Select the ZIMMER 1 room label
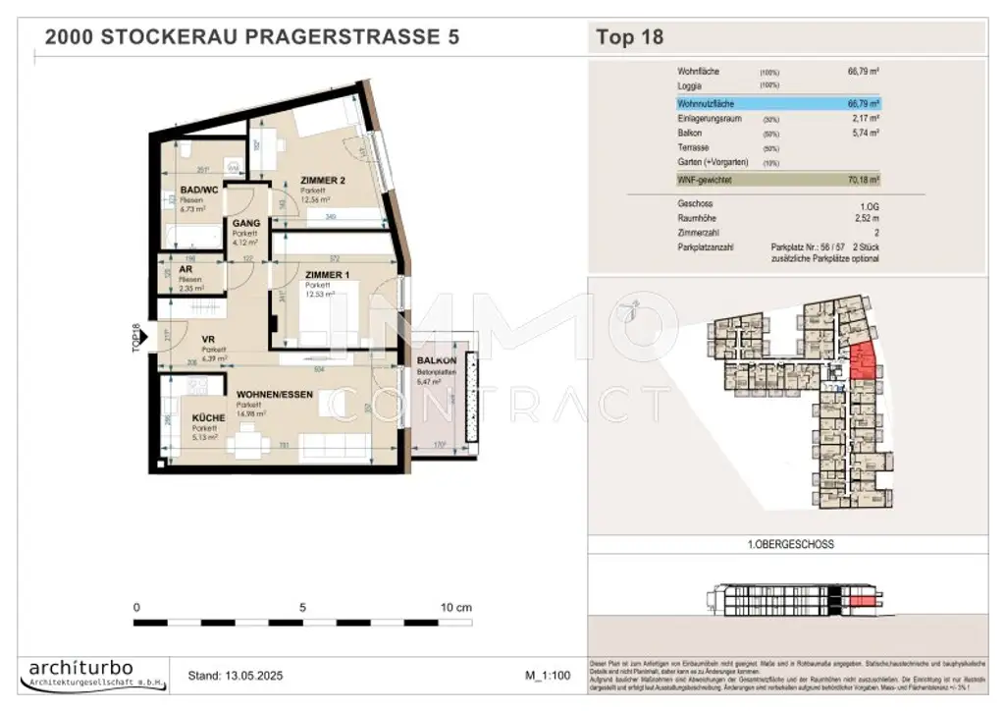click(326, 275)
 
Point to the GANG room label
click(245, 224)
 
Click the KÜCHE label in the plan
click(208, 418)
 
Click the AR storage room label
click(184, 269)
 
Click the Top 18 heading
click(629, 38)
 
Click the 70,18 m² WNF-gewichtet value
click(863, 180)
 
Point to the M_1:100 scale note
click(549, 676)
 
